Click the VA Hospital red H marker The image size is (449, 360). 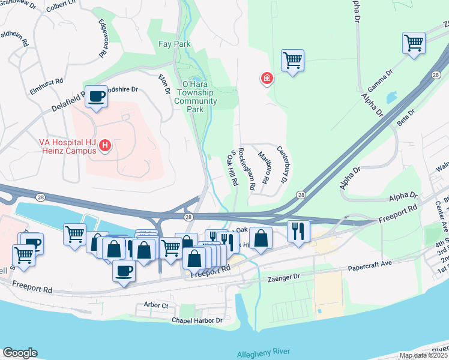(106, 145)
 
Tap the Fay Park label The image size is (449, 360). (173, 44)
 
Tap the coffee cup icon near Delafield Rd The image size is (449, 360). (96, 96)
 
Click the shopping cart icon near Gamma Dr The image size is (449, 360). (414, 43)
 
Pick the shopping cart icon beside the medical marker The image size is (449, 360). (292, 60)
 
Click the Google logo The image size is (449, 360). (20, 353)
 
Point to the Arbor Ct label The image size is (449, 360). (156, 305)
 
